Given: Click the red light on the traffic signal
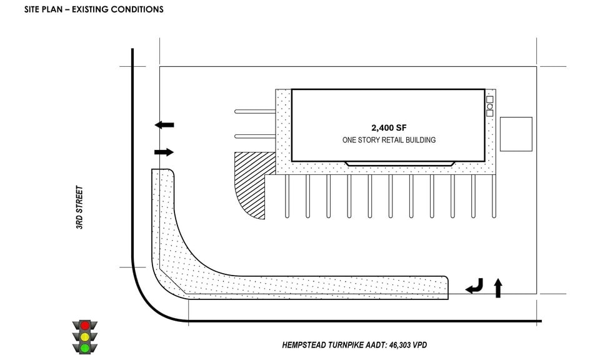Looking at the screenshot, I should point(84,326).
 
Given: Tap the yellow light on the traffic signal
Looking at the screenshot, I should point(84,336).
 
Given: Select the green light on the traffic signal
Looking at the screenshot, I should point(84,347).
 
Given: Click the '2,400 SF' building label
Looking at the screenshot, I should point(388,127).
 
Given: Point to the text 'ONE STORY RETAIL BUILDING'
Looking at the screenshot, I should point(389,140).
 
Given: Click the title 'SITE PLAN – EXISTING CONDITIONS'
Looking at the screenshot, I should point(94,9).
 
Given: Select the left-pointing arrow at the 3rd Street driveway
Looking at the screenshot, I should point(164,125).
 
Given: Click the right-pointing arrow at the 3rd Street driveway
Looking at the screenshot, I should point(164,152).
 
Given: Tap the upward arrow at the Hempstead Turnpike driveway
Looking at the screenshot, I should point(498,287).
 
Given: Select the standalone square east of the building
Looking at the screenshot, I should point(516,134).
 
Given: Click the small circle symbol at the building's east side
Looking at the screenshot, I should point(490,106).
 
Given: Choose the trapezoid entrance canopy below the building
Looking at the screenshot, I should point(399,163).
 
